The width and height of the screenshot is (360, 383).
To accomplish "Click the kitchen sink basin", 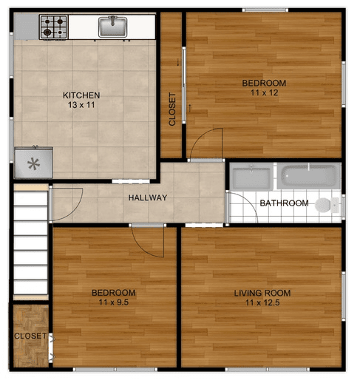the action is point(112,27).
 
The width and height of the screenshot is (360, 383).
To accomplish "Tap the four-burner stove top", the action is point(54,27).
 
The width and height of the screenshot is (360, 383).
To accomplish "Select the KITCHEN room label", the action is point(81,95).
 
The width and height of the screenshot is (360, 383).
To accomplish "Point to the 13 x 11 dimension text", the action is point(81,105).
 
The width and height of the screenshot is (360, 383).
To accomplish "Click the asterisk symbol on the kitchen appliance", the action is point(33,164).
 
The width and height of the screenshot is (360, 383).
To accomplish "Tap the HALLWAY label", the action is point(148,197).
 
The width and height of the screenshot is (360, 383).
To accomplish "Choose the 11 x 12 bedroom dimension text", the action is point(265,92).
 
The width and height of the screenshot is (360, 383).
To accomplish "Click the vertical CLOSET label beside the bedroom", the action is point(172,109).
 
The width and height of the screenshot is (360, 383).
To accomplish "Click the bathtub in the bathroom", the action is point(309,176).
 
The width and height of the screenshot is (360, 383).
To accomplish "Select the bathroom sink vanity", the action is point(251,176).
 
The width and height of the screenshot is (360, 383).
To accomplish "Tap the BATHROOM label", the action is point(284,203).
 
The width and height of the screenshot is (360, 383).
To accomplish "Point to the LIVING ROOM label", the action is point(262,293).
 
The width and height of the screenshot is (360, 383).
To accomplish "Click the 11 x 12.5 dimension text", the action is point(262,302).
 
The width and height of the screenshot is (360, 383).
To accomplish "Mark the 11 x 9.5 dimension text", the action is point(114,302).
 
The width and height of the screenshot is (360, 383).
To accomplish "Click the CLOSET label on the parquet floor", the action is point(30,336).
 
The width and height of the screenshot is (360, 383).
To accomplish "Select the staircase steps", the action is point(30,242).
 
